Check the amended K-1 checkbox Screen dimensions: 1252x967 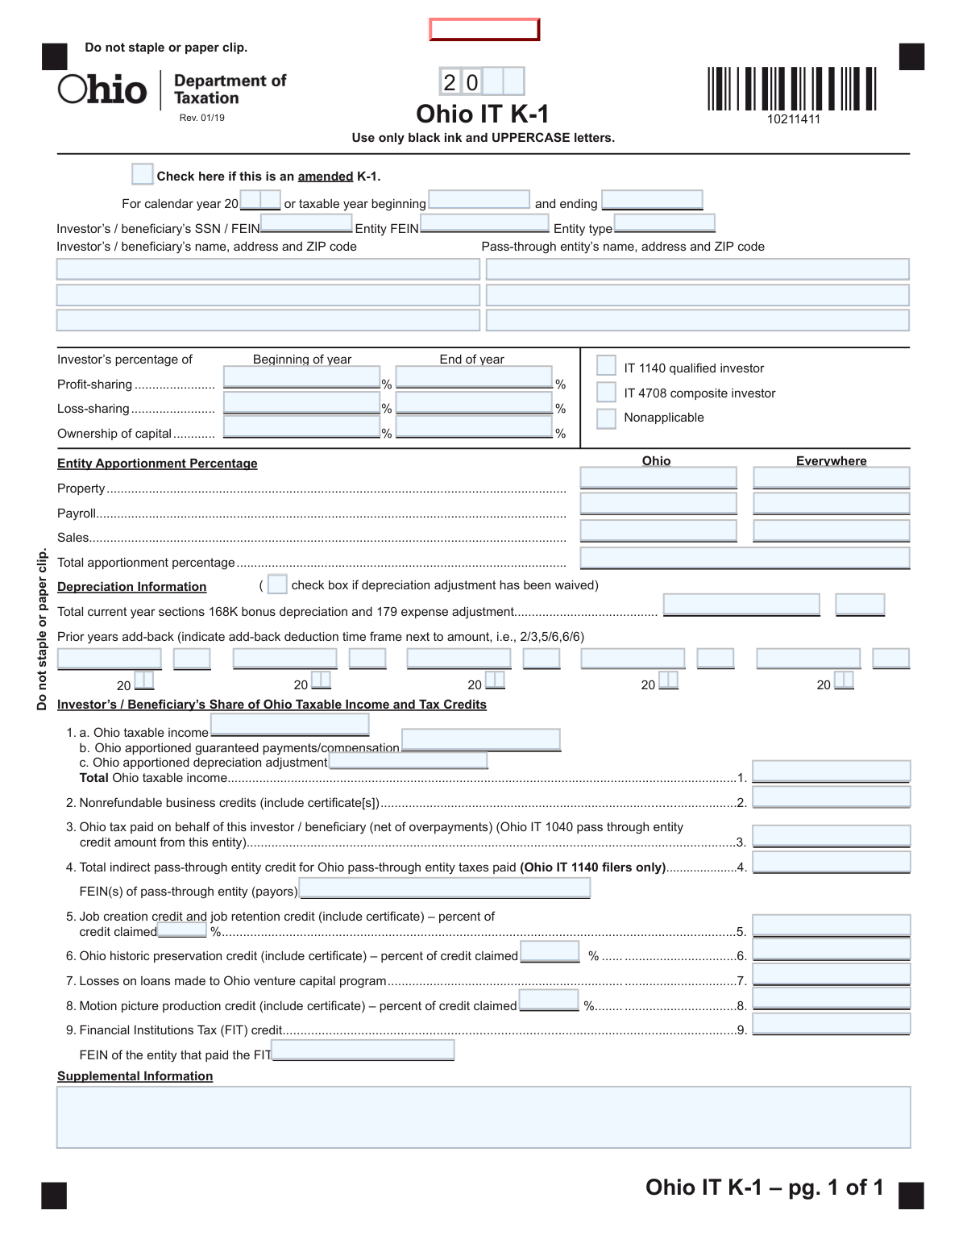pyautogui.click(x=142, y=174)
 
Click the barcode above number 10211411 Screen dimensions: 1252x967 pyautogui.click(x=791, y=89)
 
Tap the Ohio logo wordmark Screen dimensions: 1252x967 pyautogui.click(x=102, y=89)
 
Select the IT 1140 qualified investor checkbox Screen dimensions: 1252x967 pyautogui.click(x=606, y=366)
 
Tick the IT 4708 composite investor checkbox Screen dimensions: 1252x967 pyautogui.click(x=606, y=392)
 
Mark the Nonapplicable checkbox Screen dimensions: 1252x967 pyautogui.click(x=606, y=418)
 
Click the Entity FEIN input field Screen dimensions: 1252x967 pyautogui.click(x=484, y=223)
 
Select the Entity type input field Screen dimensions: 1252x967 pyautogui.click(x=664, y=223)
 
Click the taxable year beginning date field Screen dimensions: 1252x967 pyautogui.click(x=479, y=199)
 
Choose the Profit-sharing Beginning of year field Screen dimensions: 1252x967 pyautogui.click(x=301, y=377)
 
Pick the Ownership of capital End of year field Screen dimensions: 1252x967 pyautogui.click(x=474, y=426)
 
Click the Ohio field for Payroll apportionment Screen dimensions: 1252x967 pyautogui.click(x=658, y=504)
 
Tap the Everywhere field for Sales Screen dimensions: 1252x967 pyautogui.click(x=831, y=530)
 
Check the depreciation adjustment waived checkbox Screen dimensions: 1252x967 pyautogui.click(x=277, y=584)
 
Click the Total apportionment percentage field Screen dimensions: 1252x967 pyautogui.click(x=745, y=557)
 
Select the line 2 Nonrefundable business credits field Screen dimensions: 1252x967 pyautogui.click(x=831, y=797)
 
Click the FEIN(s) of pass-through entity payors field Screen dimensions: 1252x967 pyautogui.click(x=445, y=888)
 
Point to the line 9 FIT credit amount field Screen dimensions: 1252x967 pyautogui.click(x=831, y=1024)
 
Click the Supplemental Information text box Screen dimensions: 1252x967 pyautogui.click(x=483, y=1117)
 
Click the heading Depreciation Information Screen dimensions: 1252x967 pyautogui.click(x=131, y=587)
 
